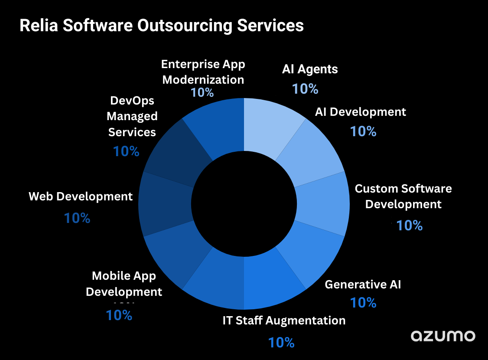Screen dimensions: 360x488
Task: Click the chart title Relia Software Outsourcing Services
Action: [x=162, y=26]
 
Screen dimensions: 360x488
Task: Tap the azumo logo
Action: [x=443, y=336]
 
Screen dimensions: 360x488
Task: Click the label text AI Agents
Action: [x=310, y=69]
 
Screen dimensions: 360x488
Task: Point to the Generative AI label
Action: [x=363, y=285]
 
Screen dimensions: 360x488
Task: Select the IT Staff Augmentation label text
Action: [x=284, y=321]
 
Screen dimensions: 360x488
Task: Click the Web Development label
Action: [x=81, y=196]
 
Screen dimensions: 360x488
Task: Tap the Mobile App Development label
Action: [x=124, y=284]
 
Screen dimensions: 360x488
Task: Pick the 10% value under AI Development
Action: [x=363, y=131]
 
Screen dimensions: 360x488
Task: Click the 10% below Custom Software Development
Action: [x=409, y=225]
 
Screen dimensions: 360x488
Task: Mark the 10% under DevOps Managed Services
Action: [x=126, y=151]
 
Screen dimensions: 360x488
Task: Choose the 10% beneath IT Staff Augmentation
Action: [x=281, y=343]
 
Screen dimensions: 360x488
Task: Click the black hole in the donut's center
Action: [x=244, y=204]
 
